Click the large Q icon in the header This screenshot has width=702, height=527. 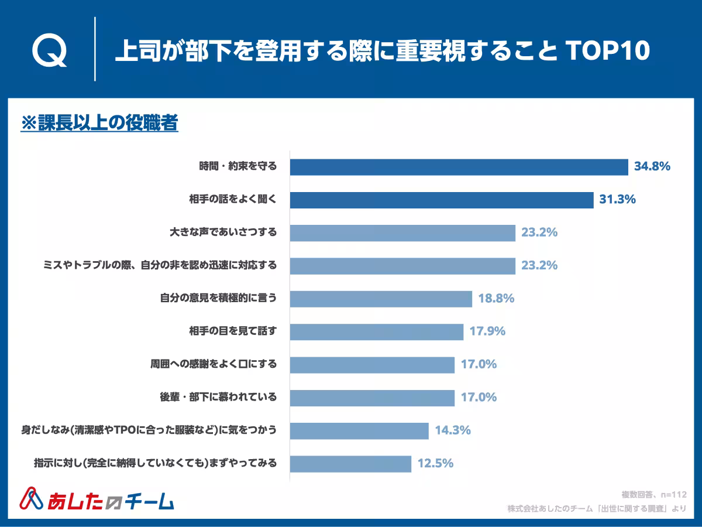pos(49,52)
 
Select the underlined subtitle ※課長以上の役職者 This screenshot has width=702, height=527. pos(99,124)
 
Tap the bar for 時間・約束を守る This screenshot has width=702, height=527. pos(459,167)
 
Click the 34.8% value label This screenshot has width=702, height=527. pos(652,166)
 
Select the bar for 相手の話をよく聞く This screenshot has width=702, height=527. pos(441,200)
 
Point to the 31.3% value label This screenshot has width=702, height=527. pos(617,199)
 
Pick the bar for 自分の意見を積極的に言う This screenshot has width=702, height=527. pos(381,299)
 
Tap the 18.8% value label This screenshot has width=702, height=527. pos(496,298)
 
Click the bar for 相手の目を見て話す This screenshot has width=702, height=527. pos(376,331)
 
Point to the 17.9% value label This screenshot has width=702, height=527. pos(487,331)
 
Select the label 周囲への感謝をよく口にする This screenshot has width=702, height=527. pos(214,364)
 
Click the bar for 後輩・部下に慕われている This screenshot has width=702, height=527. pos(372,398)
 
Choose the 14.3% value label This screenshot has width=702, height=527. pos(453,430)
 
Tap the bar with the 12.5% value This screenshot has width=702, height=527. pos(350,464)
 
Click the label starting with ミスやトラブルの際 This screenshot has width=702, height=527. pos(160,265)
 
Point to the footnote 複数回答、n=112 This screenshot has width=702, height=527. pos(653,494)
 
